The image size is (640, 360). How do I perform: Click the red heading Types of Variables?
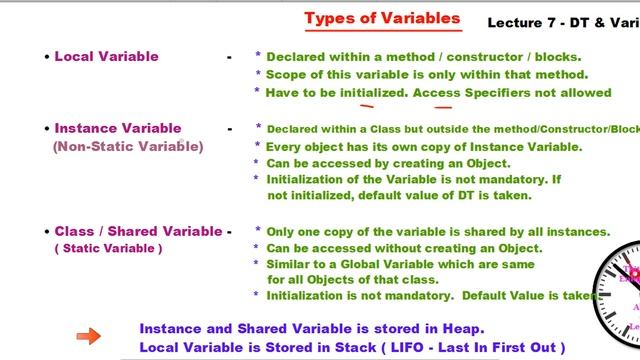coord(382,19)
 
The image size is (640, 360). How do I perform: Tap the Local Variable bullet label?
coord(106,56)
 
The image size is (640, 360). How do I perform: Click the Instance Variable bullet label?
coord(118,128)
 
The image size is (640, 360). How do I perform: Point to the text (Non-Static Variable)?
coord(128,146)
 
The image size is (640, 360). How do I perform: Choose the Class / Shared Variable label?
coord(138,231)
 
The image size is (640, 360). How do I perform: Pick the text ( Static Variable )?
coord(108,248)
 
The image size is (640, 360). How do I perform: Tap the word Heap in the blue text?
coord(463,328)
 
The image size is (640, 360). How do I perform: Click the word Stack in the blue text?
coord(345,347)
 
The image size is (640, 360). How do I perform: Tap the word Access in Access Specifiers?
coord(437,92)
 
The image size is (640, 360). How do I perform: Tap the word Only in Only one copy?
coord(283,231)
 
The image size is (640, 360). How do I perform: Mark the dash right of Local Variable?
coord(229,57)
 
